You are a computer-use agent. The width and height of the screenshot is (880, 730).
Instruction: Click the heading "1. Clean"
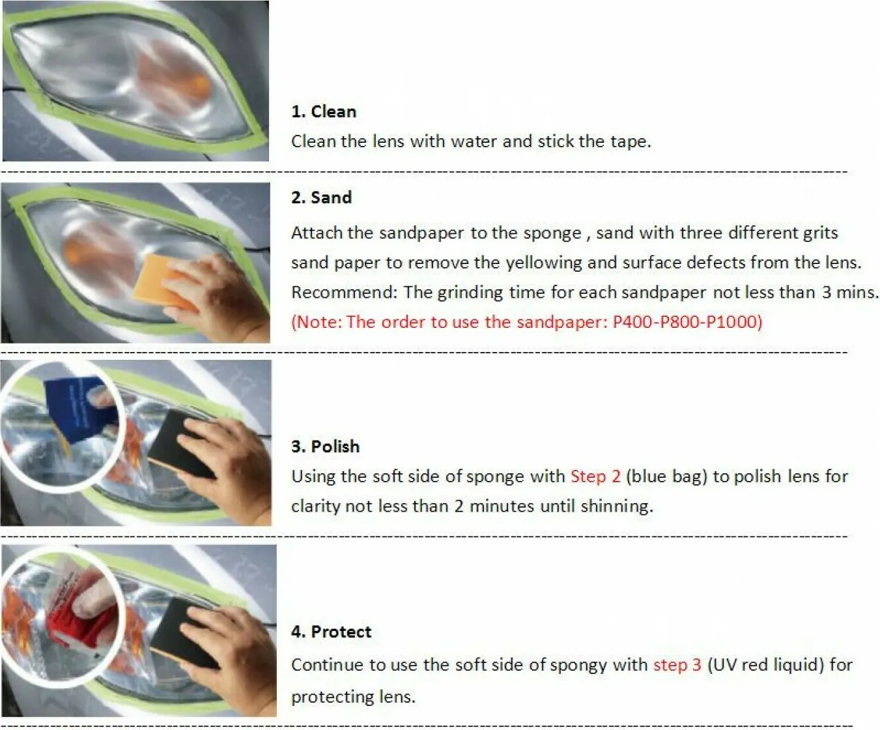point(324,111)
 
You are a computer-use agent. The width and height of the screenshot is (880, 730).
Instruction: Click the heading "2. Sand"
point(321,197)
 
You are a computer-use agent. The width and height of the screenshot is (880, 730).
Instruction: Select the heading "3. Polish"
point(326,446)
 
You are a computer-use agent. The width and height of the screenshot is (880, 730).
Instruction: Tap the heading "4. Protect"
point(332,632)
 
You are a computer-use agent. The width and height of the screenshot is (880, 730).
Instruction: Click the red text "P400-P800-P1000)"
point(687,322)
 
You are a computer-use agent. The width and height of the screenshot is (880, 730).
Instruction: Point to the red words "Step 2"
point(595,476)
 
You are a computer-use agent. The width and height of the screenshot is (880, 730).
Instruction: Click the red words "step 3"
point(677,665)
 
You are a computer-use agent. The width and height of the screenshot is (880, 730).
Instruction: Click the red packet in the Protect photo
point(82,620)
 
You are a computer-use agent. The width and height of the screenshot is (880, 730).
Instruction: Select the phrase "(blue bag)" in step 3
point(667,476)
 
